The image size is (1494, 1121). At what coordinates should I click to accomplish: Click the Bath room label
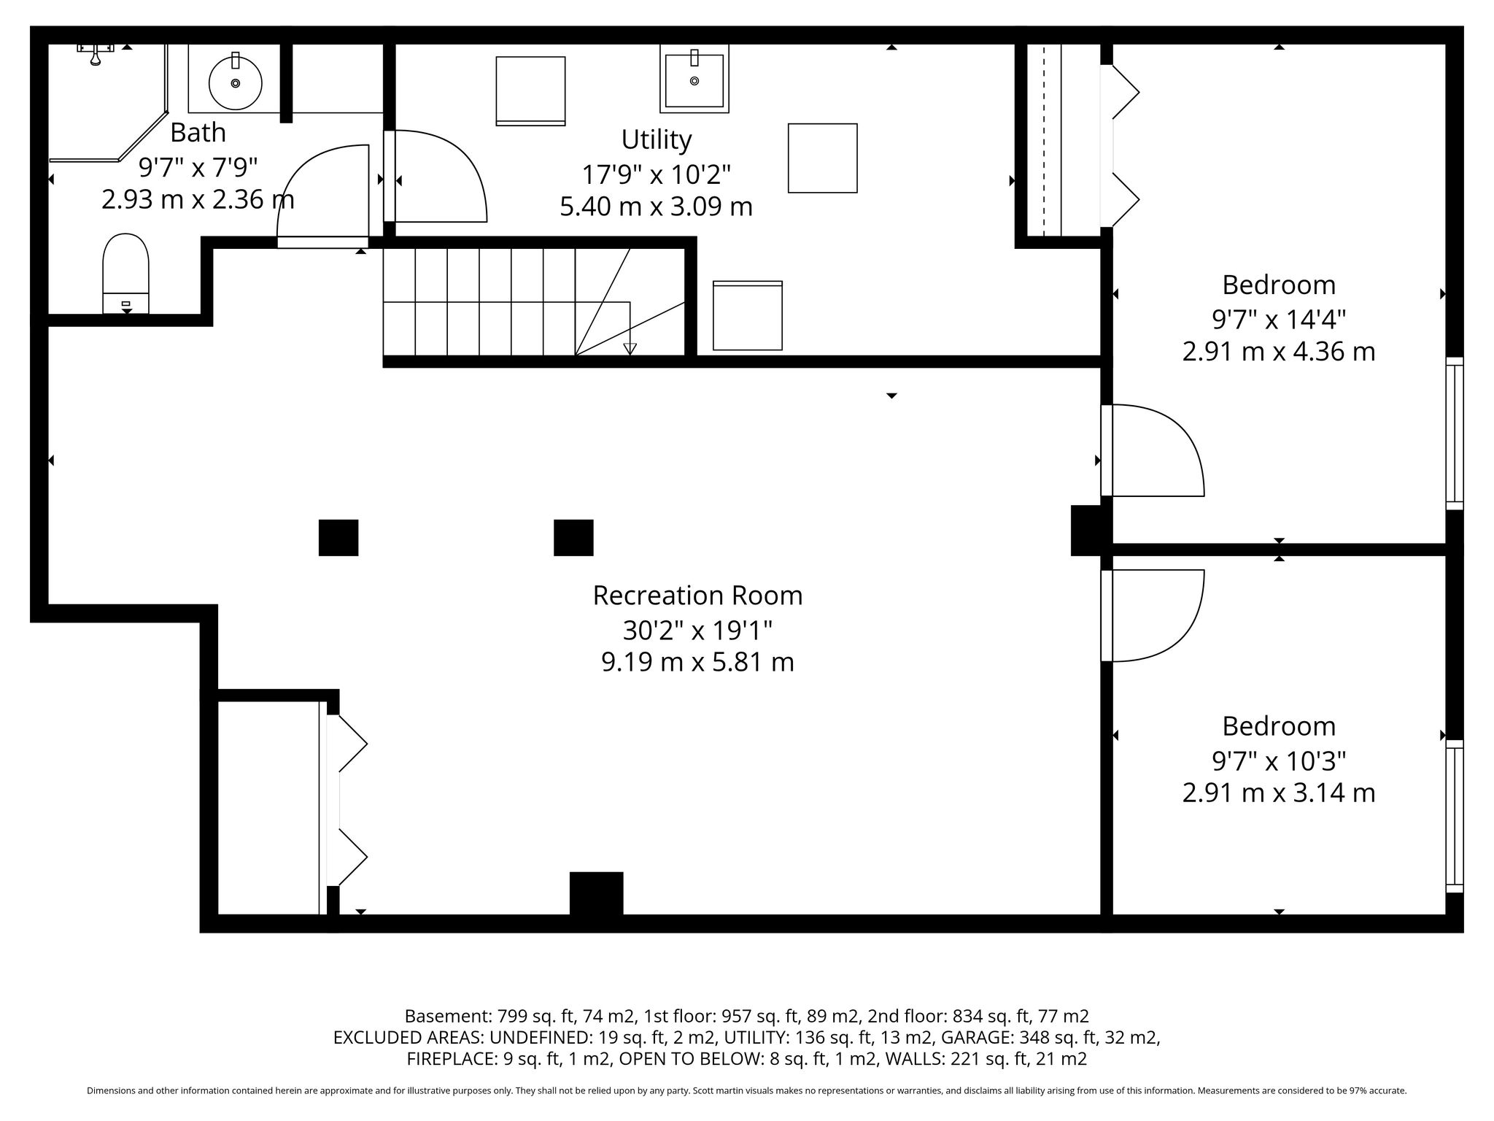click(198, 132)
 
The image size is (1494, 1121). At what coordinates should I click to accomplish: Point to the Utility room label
click(656, 139)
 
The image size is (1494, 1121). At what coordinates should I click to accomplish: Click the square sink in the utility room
click(694, 78)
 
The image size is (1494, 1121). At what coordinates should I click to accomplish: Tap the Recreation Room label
click(697, 595)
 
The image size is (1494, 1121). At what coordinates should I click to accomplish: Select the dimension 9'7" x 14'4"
click(1279, 319)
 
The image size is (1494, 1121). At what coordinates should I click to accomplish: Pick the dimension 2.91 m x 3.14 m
click(1279, 793)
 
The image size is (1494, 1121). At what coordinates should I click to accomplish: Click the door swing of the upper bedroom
click(1153, 450)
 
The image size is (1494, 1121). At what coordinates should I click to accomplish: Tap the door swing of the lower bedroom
click(1153, 615)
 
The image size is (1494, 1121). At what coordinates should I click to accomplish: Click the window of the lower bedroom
click(1455, 816)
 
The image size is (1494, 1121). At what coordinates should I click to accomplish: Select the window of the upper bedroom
click(1455, 433)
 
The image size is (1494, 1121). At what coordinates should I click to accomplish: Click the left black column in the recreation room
click(338, 538)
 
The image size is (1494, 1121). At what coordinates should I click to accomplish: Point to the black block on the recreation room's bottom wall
click(597, 893)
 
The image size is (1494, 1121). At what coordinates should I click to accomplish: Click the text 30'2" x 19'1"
click(697, 628)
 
